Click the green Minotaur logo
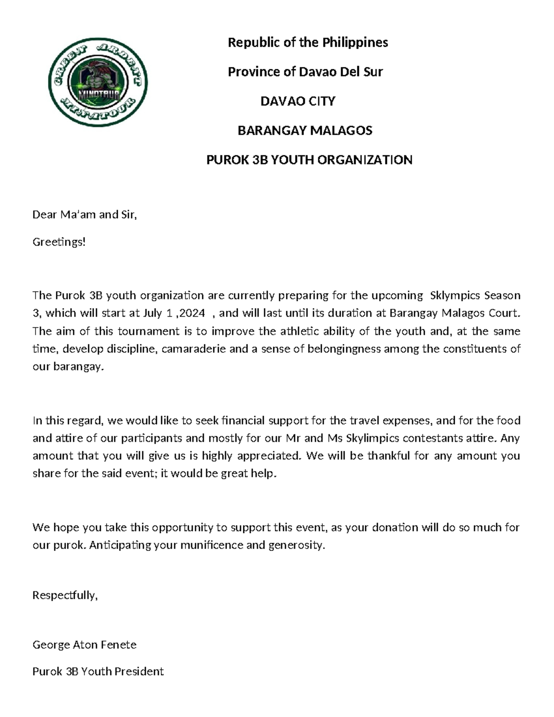tap(98, 82)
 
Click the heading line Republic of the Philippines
tap(307, 42)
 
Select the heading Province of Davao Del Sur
tap(305, 72)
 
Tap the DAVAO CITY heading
tap(298, 101)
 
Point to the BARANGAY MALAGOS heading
tap(305, 131)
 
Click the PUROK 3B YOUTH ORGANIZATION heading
tap(309, 160)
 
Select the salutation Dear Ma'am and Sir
tap(84, 215)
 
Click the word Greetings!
tap(59, 242)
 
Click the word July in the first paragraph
tap(152, 313)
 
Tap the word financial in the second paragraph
tap(243, 421)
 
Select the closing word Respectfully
tap(65, 595)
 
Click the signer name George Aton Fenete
tap(84, 645)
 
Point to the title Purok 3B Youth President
tap(98, 671)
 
